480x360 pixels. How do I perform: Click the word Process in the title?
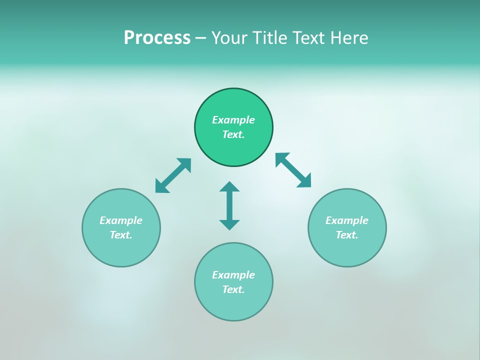tap(157, 38)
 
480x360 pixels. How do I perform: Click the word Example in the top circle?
tap(233, 120)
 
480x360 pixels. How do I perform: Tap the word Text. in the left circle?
tap(121, 235)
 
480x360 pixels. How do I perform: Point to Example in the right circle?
tap(347, 220)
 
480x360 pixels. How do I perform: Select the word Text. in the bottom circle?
tap(233, 289)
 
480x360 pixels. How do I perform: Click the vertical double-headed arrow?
tap(229, 205)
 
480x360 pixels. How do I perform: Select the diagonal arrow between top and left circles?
tap(173, 175)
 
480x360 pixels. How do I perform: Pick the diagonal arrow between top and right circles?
tap(293, 170)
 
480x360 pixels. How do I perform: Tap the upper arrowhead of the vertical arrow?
tap(229, 187)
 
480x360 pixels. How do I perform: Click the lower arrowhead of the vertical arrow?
tap(229, 224)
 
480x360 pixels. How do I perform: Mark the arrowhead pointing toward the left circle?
tap(161, 187)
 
